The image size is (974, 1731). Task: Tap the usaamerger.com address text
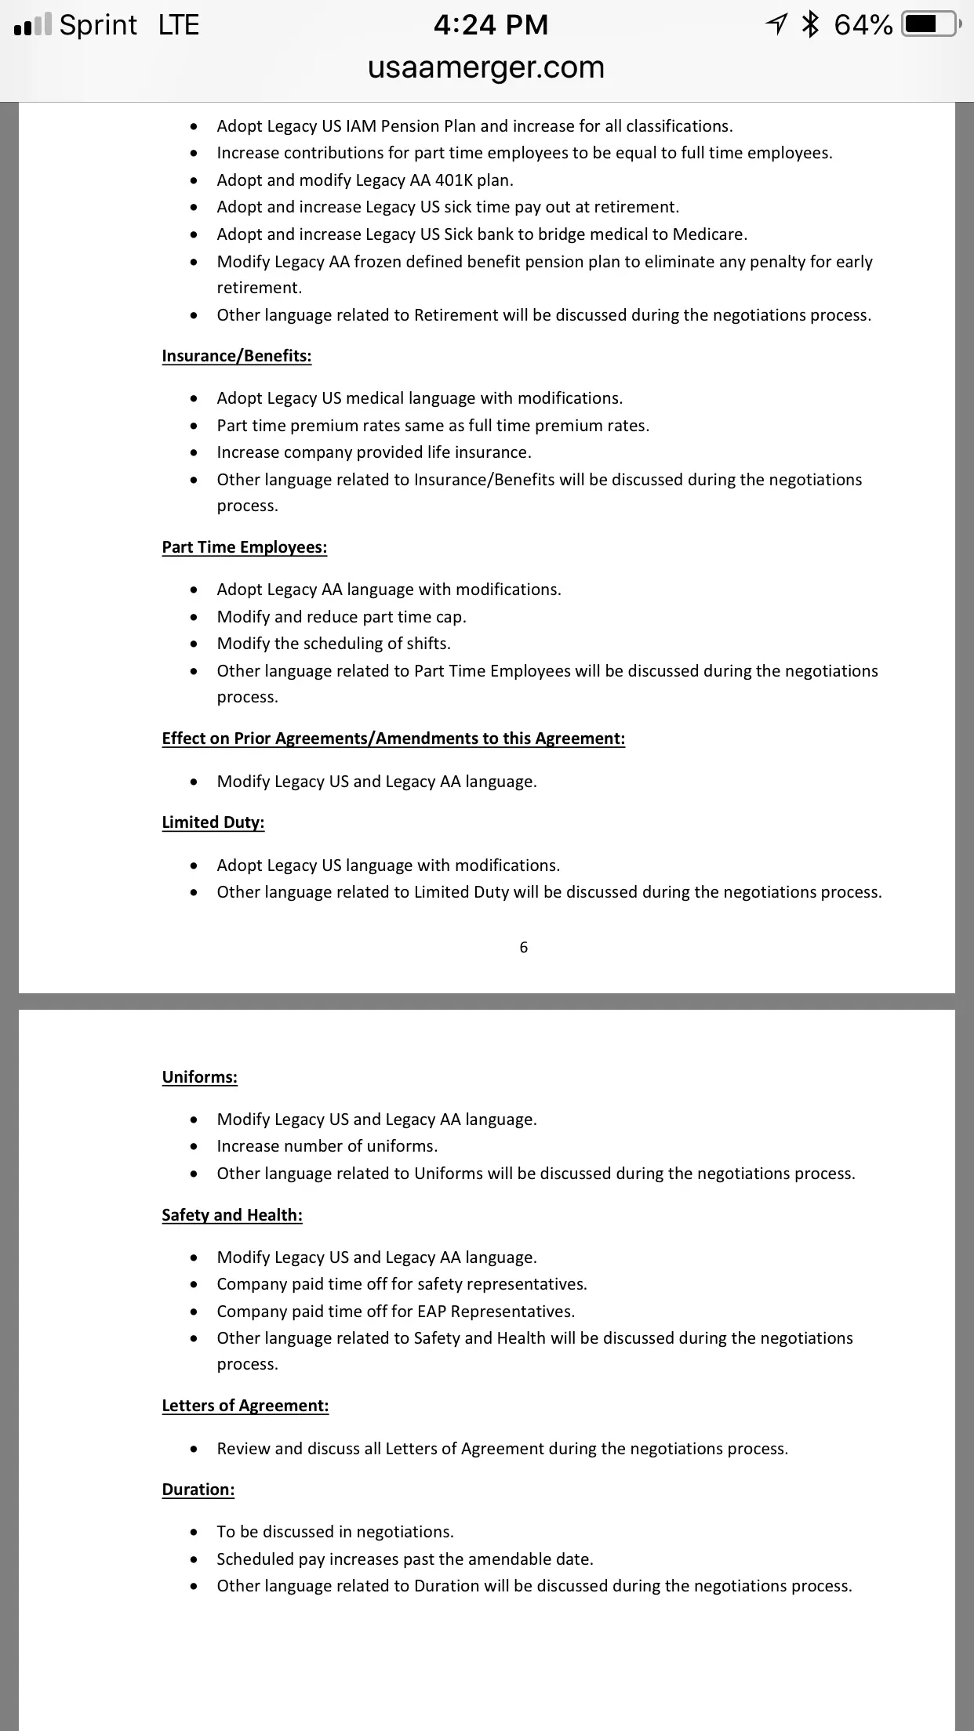[x=486, y=67]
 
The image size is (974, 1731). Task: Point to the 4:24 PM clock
[x=491, y=24]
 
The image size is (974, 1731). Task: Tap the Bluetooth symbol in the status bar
[x=810, y=24]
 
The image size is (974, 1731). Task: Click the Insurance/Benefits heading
[x=237, y=356]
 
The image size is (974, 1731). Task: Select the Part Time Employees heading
[x=245, y=547]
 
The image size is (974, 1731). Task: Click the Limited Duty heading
[x=213, y=822]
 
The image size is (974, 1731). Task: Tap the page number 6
[x=524, y=947]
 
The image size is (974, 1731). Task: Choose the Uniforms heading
[x=200, y=1077]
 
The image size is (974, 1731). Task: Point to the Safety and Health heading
[x=232, y=1215]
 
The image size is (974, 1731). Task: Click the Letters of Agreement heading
[x=245, y=1406]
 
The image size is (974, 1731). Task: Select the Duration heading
[x=198, y=1490]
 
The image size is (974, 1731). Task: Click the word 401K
[x=453, y=180]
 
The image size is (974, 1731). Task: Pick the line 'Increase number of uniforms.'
[x=327, y=1146]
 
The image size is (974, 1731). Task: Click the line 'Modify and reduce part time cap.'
[x=341, y=617]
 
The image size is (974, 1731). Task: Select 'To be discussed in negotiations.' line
[x=336, y=1532]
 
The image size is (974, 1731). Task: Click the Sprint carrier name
[x=98, y=24]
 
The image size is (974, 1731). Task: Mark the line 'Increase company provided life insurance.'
[x=374, y=452]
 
